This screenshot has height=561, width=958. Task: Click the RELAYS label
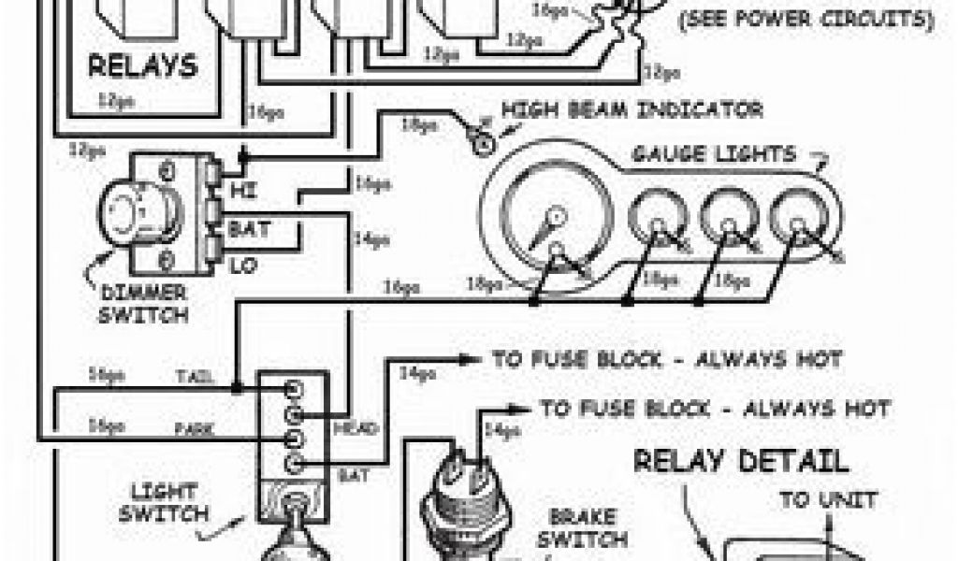[x=143, y=66]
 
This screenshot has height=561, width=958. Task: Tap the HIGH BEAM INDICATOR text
[x=631, y=110]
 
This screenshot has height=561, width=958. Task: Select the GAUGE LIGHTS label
[x=713, y=154]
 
